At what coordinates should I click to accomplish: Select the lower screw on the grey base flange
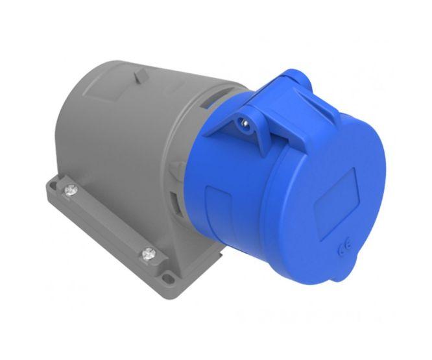pos(149,252)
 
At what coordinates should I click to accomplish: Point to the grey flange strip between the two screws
pos(107,221)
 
